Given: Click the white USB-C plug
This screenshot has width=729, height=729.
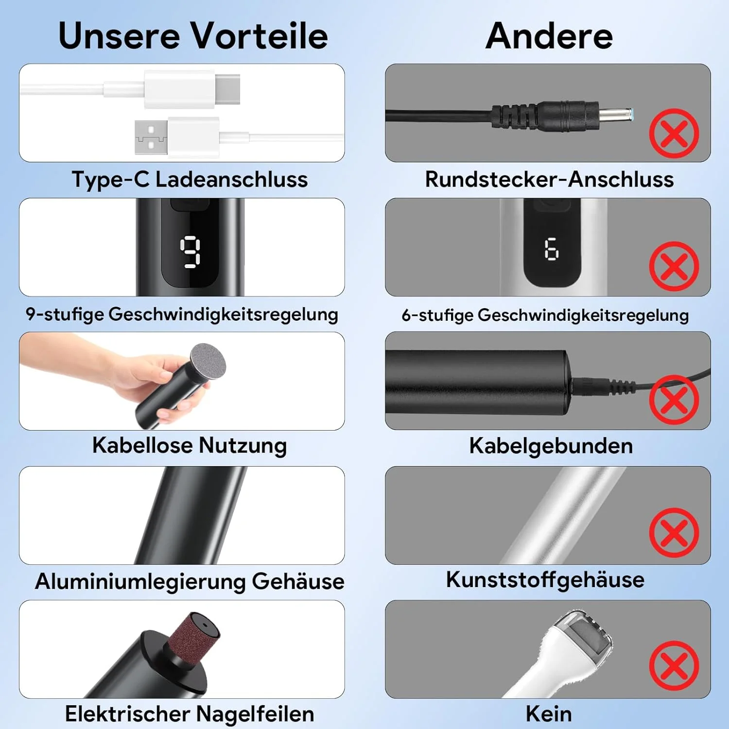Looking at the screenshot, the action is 192,89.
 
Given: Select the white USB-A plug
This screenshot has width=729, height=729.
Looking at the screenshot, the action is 176,137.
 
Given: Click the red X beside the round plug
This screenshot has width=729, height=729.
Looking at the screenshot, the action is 674,133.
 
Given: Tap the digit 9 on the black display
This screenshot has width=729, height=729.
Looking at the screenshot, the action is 190,252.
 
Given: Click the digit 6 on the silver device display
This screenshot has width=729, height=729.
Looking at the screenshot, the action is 552,249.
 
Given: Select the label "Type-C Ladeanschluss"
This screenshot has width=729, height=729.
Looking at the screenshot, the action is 190,179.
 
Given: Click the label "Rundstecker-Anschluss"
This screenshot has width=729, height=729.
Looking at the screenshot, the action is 549,179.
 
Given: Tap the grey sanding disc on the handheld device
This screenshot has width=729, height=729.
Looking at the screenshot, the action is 208,362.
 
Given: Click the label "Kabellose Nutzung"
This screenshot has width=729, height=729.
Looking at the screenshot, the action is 190,445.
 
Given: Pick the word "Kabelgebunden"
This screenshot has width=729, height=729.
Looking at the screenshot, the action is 551,446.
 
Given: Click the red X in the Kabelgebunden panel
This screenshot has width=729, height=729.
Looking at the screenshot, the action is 674,399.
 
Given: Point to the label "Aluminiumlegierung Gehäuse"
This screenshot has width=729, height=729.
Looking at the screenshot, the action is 190,581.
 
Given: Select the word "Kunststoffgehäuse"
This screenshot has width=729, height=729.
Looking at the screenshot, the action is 545,579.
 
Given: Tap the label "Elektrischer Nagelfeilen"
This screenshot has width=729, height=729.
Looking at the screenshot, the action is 190,714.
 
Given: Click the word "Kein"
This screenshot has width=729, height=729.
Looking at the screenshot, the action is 549,714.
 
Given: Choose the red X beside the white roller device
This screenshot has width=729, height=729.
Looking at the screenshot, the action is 674,665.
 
